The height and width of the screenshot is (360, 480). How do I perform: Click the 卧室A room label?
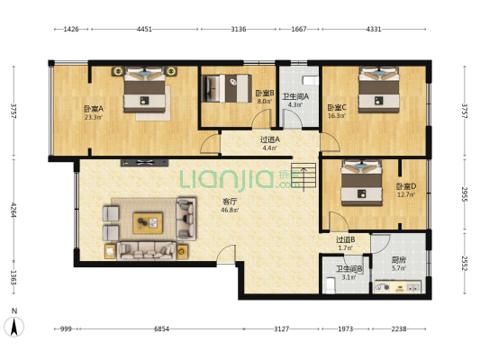[x=94, y=109]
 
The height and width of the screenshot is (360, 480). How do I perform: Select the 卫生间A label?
[x=295, y=97]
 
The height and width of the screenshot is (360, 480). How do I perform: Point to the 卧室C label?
[x=337, y=108]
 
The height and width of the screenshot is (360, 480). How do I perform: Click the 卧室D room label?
[x=406, y=186]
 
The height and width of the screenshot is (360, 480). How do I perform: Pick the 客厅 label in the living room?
[x=230, y=202]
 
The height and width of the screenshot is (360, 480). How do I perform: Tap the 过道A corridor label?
[x=269, y=139]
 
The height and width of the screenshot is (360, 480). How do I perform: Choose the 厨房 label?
[x=399, y=260]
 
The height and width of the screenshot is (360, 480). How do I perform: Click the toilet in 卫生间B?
[x=331, y=284]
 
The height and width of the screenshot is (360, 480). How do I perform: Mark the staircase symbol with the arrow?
[x=303, y=176]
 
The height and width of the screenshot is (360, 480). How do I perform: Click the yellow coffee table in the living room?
[x=148, y=223]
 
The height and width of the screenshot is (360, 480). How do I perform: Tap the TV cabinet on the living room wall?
[x=144, y=163]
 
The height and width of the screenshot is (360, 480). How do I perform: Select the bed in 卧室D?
[x=361, y=183]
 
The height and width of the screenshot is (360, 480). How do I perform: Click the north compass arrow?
[x=14, y=327]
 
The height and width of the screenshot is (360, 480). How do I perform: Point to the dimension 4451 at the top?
[x=144, y=30]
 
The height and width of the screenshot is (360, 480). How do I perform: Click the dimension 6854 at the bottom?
[x=161, y=329]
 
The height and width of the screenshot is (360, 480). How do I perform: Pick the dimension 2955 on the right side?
[x=465, y=194]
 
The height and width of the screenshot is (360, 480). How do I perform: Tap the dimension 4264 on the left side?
[x=14, y=210]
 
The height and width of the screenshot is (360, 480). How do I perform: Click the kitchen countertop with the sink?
[x=398, y=287]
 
